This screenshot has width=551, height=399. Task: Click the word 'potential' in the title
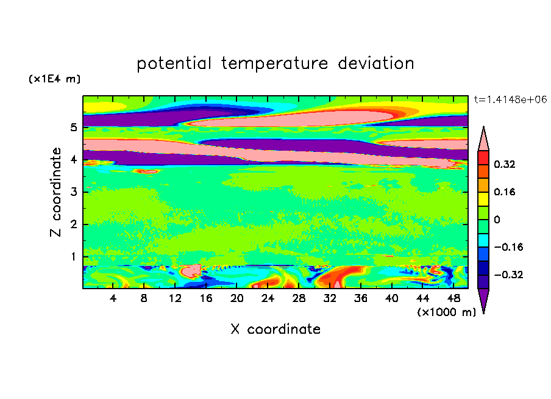pyautogui.click(x=174, y=64)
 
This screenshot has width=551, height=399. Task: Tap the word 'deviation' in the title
pyautogui.click(x=375, y=63)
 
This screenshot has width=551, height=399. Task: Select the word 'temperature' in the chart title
pyautogui.click(x=274, y=64)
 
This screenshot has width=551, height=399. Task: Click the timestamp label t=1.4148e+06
pyautogui.click(x=510, y=99)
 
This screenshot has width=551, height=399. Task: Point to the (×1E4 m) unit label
pyautogui.click(x=54, y=79)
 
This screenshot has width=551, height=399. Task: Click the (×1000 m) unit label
pyautogui.click(x=446, y=312)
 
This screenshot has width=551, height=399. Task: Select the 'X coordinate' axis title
pyautogui.click(x=275, y=329)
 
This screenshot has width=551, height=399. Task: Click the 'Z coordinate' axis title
pyautogui.click(x=55, y=192)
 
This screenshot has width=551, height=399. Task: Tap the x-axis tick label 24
pyautogui.click(x=268, y=298)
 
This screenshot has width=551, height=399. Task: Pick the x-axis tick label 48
pyautogui.click(x=453, y=298)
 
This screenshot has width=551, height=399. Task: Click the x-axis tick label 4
pyautogui.click(x=113, y=298)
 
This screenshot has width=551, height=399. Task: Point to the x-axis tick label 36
pyautogui.click(x=361, y=298)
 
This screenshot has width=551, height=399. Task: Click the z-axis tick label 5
pyautogui.click(x=73, y=128)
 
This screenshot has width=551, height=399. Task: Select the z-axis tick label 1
pyautogui.click(x=73, y=256)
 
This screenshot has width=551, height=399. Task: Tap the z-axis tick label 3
pyautogui.click(x=73, y=192)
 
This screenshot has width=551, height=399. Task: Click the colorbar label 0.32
pyautogui.click(x=505, y=164)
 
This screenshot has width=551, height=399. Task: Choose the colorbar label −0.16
pyautogui.click(x=508, y=247)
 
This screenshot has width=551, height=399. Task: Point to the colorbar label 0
pyautogui.click(x=497, y=220)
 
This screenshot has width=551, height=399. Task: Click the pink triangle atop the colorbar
pyautogui.click(x=483, y=138)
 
